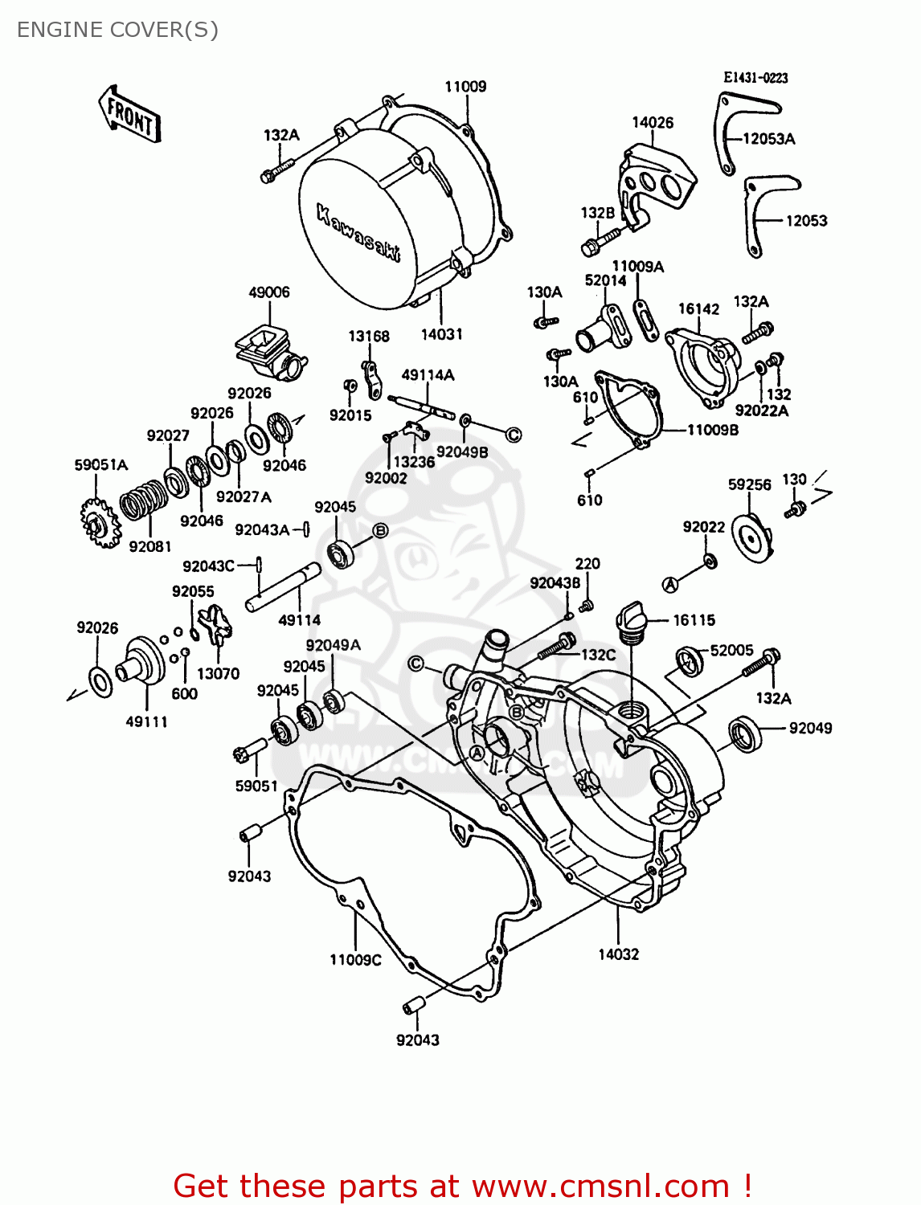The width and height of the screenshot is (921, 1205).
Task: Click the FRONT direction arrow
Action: pyautogui.click(x=129, y=115)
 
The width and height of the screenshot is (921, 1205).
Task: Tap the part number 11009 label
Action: pyautogui.click(x=465, y=87)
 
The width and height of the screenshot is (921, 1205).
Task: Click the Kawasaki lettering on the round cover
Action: pyautogui.click(x=358, y=234)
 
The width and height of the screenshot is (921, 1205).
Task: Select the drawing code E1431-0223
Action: pyautogui.click(x=755, y=78)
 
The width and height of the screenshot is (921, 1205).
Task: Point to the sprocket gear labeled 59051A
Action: pyautogui.click(x=100, y=523)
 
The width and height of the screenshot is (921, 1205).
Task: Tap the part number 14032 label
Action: pyautogui.click(x=618, y=954)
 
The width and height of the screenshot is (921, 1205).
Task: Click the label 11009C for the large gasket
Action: pyautogui.click(x=355, y=960)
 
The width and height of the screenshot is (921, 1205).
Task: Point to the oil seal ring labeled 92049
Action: pyautogui.click(x=746, y=733)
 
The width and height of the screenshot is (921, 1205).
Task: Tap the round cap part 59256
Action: pyautogui.click(x=753, y=539)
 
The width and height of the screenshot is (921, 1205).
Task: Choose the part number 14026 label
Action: pyautogui.click(x=652, y=123)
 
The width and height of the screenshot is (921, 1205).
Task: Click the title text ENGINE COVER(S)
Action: pyautogui.click(x=117, y=30)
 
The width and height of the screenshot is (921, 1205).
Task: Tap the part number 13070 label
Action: pyautogui.click(x=218, y=673)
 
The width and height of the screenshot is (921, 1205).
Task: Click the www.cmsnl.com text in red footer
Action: pyautogui.click(x=600, y=1186)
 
